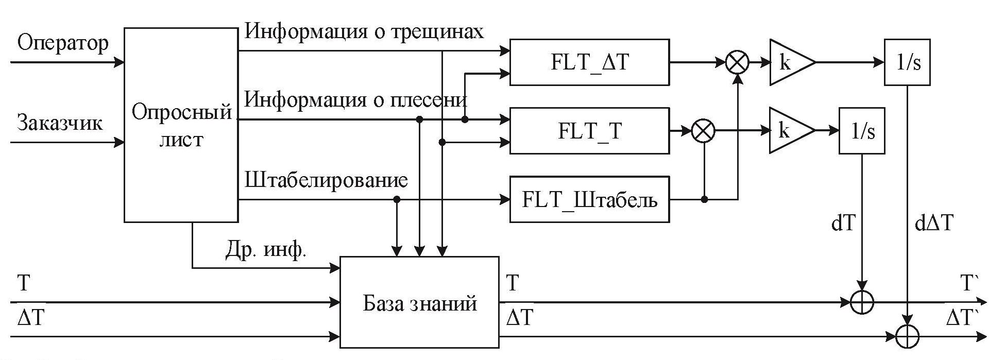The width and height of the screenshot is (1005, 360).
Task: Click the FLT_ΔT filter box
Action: click(x=589, y=62)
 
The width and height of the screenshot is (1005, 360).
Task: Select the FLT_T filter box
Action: click(x=589, y=131)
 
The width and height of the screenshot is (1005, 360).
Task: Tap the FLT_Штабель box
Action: click(x=589, y=199)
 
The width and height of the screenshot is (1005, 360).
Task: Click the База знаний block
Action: click(x=419, y=303)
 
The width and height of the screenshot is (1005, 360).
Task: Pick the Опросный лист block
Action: click(x=181, y=125)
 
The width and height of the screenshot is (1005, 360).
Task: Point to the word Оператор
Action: click(x=63, y=43)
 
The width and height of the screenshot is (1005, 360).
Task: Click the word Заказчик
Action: click(x=60, y=123)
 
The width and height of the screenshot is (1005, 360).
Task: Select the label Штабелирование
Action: click(x=326, y=180)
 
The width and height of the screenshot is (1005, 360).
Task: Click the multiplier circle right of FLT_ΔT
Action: click(x=738, y=63)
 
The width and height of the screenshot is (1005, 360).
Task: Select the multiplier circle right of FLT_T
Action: click(x=703, y=131)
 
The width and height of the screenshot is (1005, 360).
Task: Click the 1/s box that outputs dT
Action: click(x=862, y=131)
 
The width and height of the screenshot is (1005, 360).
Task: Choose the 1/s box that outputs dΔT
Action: click(x=907, y=62)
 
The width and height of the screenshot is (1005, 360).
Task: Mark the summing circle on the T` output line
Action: click(x=862, y=302)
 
